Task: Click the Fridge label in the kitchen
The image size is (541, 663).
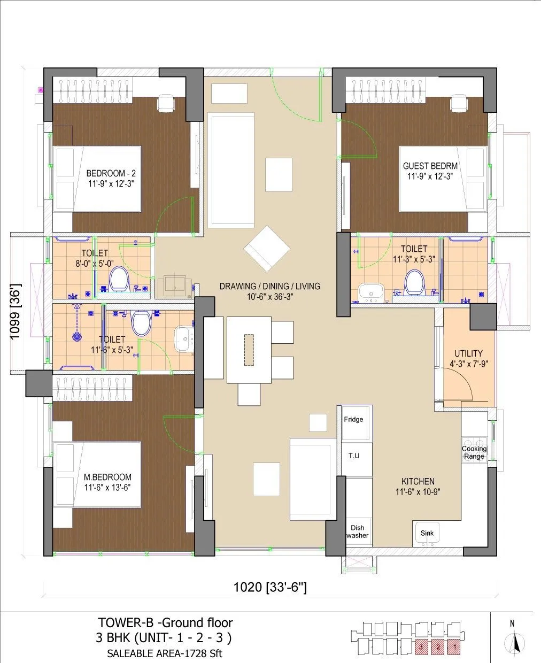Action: tap(353, 420)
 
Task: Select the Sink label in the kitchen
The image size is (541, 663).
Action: tap(427, 533)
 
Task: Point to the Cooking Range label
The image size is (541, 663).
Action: tap(474, 452)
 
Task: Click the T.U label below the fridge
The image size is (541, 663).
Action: tap(353, 456)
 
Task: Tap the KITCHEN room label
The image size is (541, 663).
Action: tap(418, 481)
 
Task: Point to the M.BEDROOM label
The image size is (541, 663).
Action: tap(107, 477)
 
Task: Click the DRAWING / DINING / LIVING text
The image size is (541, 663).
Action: tap(270, 286)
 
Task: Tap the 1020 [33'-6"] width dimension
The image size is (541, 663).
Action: tap(270, 588)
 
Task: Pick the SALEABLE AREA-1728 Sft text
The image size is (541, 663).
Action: tap(165, 653)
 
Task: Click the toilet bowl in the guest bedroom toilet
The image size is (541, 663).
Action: tap(413, 281)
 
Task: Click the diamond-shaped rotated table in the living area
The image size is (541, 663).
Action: tap(267, 249)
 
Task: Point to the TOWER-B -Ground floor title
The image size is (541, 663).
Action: tap(165, 622)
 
